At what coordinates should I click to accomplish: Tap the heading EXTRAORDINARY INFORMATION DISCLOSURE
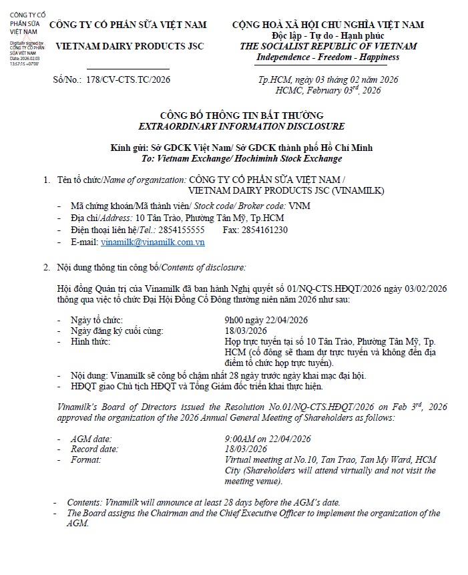point(242,126)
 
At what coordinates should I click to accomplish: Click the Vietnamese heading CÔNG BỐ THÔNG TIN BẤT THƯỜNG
point(242,116)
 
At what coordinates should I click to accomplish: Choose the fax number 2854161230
point(265,230)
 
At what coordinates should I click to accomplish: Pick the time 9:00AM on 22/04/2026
point(268,439)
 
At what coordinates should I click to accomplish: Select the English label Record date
point(94,449)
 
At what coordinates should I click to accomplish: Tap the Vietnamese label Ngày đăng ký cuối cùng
point(117,330)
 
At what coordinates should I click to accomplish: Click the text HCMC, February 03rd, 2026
point(328,90)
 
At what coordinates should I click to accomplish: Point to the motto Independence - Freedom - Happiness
point(328,57)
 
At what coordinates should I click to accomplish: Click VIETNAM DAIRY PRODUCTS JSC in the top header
point(130,46)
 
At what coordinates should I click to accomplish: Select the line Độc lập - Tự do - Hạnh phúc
point(328,35)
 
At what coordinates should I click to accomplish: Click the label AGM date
point(91,439)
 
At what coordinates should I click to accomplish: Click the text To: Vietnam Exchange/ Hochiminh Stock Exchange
point(242,158)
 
